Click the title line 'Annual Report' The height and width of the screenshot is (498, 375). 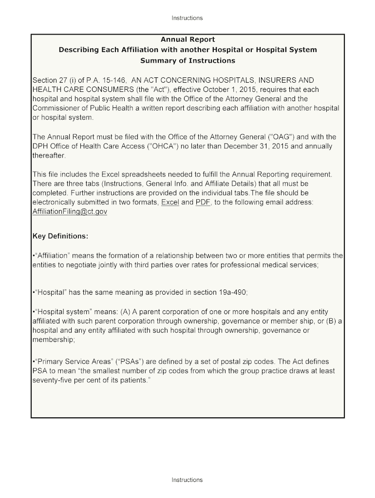pyautogui.click(x=187, y=39)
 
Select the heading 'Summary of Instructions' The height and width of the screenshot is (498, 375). pyautogui.click(x=187, y=61)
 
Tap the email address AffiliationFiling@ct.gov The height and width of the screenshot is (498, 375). pyautogui.click(x=70, y=212)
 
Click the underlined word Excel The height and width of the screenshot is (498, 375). pyautogui.click(x=170, y=202)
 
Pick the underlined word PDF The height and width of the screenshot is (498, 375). pyautogui.click(x=203, y=202)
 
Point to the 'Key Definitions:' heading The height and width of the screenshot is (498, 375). pyautogui.click(x=60, y=236)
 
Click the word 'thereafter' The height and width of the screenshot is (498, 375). pyautogui.click(x=48, y=156)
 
